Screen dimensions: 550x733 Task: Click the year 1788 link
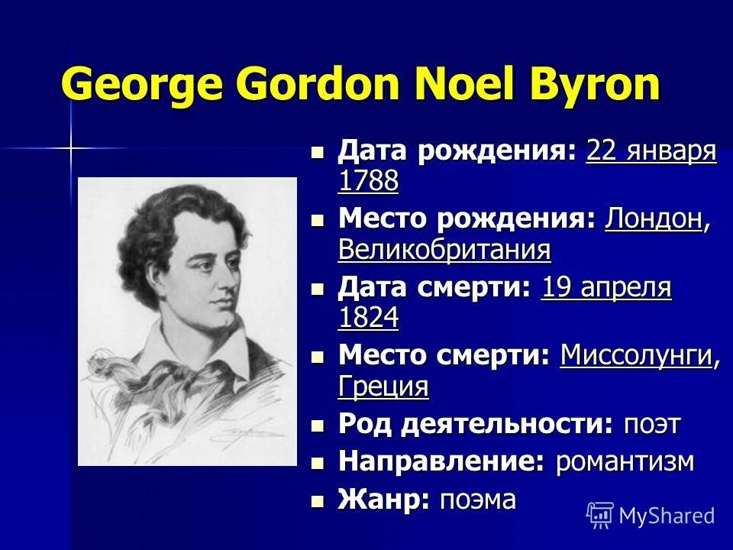tap(368, 181)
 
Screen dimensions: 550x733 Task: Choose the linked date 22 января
tap(651, 151)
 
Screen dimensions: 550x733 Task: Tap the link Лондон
tap(654, 219)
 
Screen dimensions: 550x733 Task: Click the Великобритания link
tap(444, 249)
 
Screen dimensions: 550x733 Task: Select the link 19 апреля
tap(606, 288)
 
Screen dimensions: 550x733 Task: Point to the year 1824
tap(368, 318)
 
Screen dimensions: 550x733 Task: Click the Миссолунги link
tap(636, 356)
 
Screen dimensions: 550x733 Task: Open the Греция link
tap(383, 386)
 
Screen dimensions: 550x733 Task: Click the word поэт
tap(651, 424)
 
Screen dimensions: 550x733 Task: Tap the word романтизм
tap(625, 461)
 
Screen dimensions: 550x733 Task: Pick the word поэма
tap(478, 500)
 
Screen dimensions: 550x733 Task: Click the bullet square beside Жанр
tap(318, 501)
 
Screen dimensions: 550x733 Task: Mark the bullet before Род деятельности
tap(318, 425)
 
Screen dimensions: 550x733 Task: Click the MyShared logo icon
tap(600, 515)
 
